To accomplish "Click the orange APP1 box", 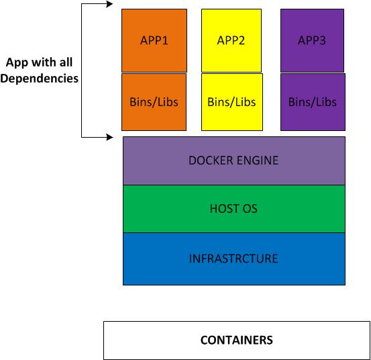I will (x=154, y=40).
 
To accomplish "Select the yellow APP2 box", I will (x=231, y=40).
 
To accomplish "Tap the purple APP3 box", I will (x=312, y=40).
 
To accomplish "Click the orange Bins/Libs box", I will (x=154, y=102).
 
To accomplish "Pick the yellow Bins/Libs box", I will (x=231, y=102).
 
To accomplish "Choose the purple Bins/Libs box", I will (x=313, y=102).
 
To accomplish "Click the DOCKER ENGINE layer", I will (x=234, y=161).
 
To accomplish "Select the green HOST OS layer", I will (x=234, y=209).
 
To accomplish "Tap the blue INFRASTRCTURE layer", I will (x=234, y=259).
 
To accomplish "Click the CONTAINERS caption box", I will (x=236, y=340).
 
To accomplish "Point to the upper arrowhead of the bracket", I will (x=109, y=4).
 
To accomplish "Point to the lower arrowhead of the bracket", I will (x=109, y=138).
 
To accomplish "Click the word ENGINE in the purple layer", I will (x=259, y=161).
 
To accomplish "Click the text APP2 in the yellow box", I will (x=231, y=40).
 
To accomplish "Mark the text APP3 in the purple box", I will (x=312, y=40).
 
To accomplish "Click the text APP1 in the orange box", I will (x=154, y=40).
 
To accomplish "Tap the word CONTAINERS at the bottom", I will (x=236, y=340).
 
